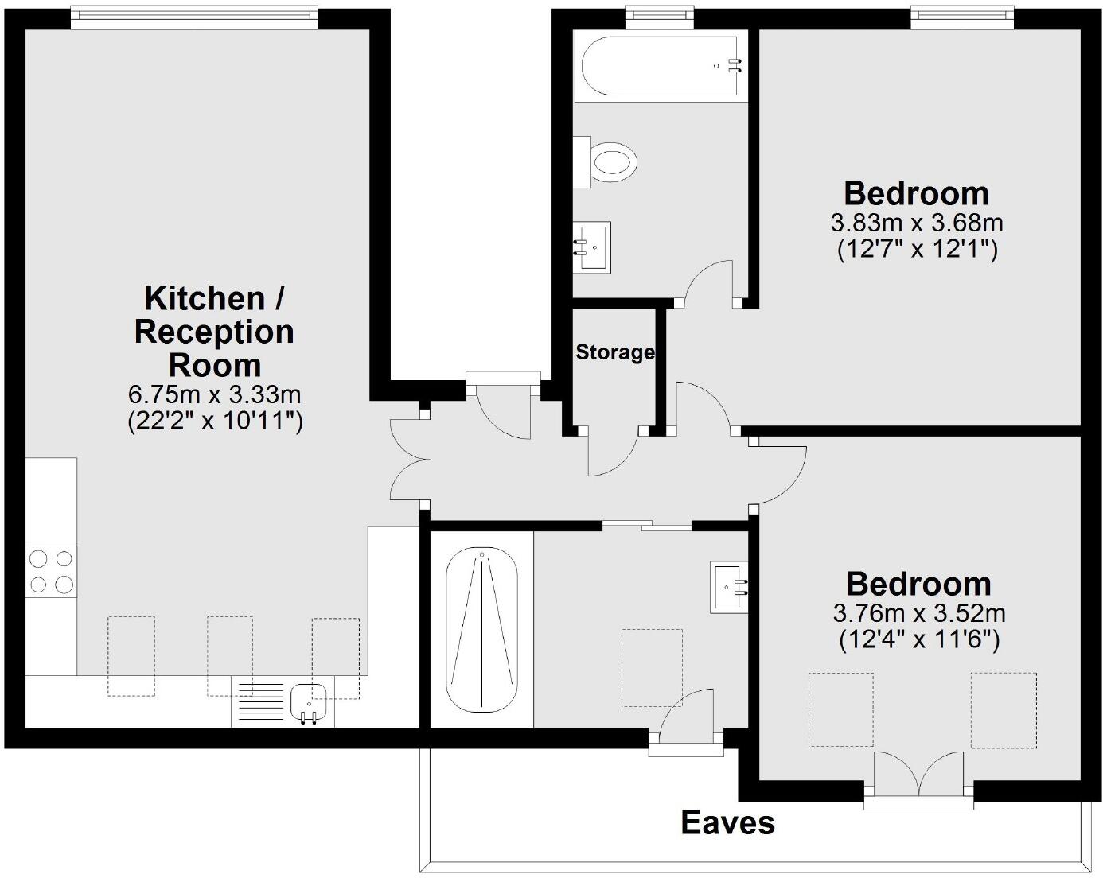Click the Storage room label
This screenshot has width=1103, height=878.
coord(614,352)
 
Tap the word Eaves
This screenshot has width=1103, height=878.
coord(727,823)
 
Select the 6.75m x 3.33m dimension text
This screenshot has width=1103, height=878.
coord(215,394)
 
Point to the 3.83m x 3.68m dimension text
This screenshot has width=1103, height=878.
coord(917,222)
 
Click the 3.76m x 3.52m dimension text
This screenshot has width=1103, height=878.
coord(919,613)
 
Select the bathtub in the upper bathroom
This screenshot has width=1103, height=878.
coord(661,68)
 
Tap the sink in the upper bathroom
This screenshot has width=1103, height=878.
coord(592,247)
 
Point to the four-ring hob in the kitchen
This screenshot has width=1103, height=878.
coord(51,572)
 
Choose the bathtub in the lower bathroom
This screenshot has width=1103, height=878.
coord(481,630)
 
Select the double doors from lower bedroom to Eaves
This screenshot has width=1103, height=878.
coord(918,775)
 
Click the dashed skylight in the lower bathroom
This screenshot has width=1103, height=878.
coord(652,667)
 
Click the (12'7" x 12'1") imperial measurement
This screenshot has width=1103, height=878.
coord(917,250)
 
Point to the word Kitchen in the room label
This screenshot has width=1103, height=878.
coord(205,299)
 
